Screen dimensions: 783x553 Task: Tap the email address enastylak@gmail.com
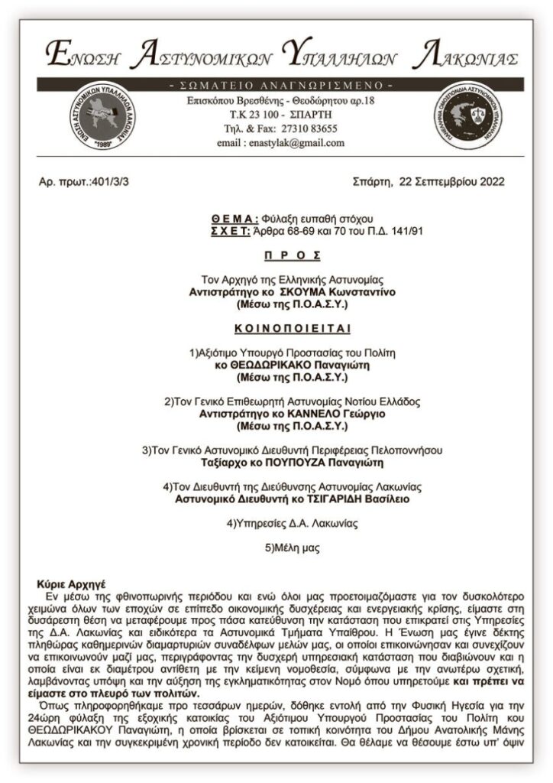(x=276, y=143)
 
